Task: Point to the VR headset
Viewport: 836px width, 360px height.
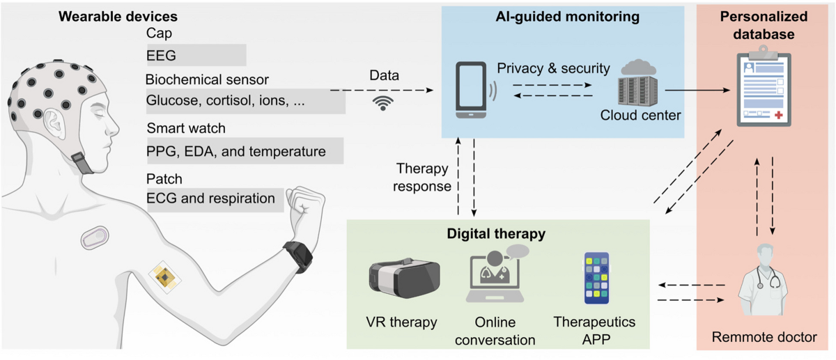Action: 403,279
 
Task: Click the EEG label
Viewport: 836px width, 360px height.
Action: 162,54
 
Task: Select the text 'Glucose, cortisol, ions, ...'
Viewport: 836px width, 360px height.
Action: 226,101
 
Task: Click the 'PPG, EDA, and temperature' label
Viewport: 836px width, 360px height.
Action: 236,150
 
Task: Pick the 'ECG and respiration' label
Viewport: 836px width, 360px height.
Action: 210,198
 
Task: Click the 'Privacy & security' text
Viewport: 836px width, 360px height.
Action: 554,68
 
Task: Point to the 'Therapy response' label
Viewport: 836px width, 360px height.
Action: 422,178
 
